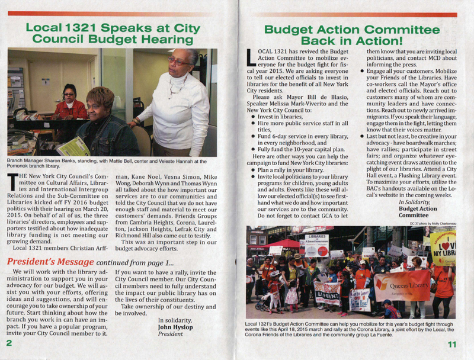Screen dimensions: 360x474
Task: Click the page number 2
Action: click(9, 343)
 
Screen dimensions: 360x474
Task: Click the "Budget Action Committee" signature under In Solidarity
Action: click(419, 213)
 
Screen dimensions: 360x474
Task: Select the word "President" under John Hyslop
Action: click(172, 333)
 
